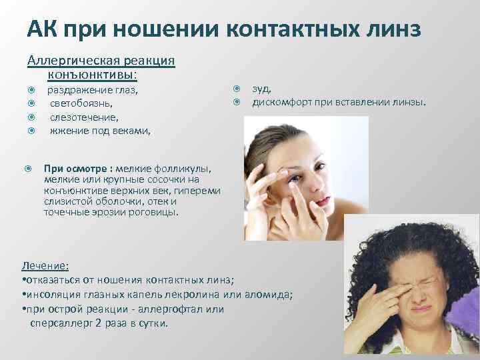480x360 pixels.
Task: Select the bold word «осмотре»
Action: pos(90,169)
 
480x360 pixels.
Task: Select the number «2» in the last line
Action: pos(97,323)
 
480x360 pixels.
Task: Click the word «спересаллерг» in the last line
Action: pos(61,323)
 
